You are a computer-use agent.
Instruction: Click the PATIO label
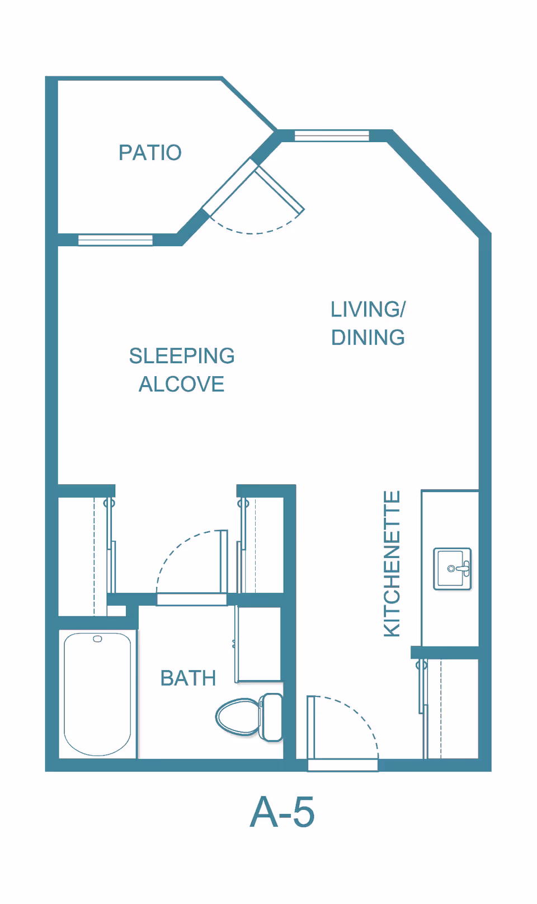[x=150, y=153]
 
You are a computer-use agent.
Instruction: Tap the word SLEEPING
[x=182, y=356]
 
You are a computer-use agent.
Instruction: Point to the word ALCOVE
[x=181, y=384]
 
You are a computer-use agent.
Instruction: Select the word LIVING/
[x=368, y=310]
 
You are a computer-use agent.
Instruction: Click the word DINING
[x=368, y=338]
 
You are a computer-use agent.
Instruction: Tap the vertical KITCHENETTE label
[x=392, y=564]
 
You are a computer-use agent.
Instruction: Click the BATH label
[x=189, y=678]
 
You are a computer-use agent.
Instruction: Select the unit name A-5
[x=282, y=812]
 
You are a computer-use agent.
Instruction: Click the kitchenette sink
[x=453, y=569]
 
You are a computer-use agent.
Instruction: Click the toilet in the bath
[x=249, y=717]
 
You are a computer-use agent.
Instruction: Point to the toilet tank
[x=271, y=717]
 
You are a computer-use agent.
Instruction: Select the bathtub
[x=97, y=694]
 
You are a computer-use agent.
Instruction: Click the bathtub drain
[x=97, y=639]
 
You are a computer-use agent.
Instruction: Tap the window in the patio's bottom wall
[x=115, y=240]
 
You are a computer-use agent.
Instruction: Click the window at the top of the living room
[x=332, y=135]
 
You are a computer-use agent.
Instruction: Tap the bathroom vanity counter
[x=258, y=644]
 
